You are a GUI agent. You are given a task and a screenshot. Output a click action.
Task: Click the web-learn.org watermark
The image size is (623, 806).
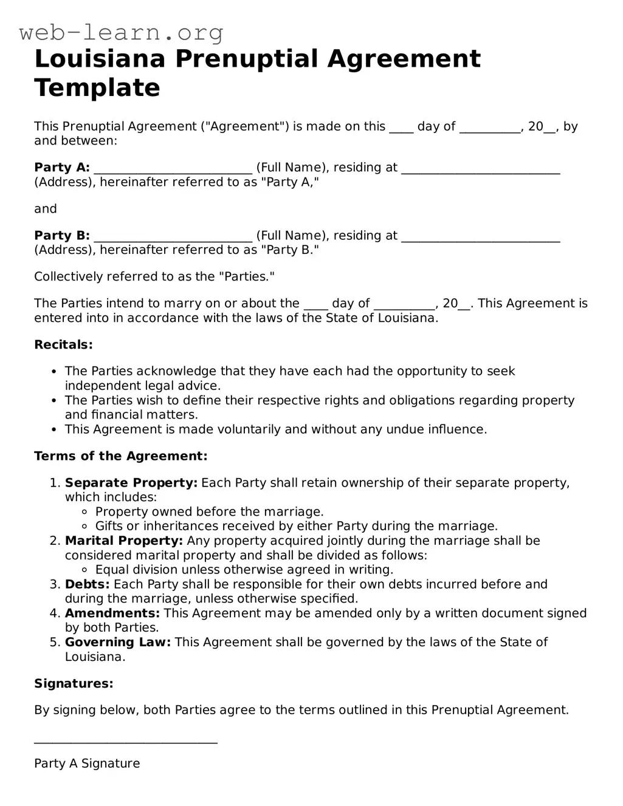coord(121,32)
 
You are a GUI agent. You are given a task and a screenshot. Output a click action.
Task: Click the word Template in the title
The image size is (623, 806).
coord(97,88)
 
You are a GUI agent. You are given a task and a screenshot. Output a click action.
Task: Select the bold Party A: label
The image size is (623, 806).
coord(62,168)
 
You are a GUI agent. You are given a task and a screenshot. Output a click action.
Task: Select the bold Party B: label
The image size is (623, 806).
coord(62,236)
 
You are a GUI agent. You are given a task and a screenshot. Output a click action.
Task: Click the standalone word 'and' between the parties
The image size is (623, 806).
coord(46,209)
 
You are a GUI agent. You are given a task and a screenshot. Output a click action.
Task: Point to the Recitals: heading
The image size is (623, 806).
coord(63,345)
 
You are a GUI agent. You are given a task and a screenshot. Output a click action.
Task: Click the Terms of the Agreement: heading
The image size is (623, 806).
coord(120,456)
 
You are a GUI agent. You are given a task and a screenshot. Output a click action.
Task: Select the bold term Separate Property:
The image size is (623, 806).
coord(131,483)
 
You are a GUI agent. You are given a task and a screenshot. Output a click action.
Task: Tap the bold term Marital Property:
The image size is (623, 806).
coord(123,541)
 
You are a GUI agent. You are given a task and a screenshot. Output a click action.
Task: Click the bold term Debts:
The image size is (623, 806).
coord(87,584)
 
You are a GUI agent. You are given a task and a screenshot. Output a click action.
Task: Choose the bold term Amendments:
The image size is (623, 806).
coord(112,613)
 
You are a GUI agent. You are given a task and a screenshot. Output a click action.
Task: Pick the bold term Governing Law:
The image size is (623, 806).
coord(118,643)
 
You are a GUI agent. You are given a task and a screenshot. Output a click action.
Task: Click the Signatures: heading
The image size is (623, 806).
coord(74,684)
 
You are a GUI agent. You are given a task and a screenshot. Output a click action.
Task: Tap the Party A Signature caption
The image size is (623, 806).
coord(87,763)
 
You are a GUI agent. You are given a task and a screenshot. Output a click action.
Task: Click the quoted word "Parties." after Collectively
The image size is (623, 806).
coord(249,277)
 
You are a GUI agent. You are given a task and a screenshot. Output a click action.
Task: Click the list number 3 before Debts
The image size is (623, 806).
coord(54,584)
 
